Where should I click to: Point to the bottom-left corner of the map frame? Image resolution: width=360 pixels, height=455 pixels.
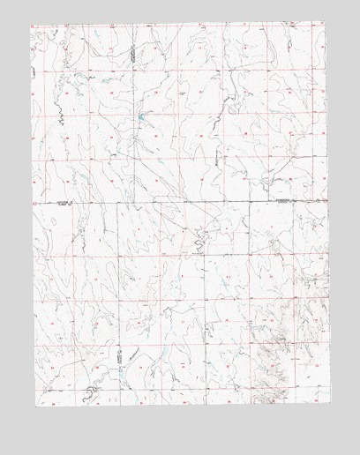(31, 407)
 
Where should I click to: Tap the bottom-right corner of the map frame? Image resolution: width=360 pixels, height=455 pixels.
(328, 407)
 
